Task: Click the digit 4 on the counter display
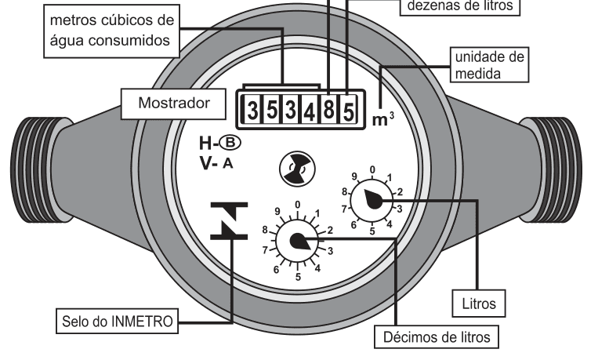coord(310,112)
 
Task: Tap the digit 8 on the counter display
coord(328,110)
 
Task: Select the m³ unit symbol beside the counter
coord(382,119)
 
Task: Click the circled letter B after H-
coord(230,143)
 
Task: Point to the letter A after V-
coord(228,164)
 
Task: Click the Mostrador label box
coord(174,104)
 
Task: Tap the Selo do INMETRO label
coord(118,322)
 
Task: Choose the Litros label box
coord(479,304)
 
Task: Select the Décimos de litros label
coord(437,337)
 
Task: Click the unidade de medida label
coord(490,65)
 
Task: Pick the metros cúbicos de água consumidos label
coord(112,31)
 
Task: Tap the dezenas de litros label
coord(460,6)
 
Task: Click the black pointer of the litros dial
coord(373,199)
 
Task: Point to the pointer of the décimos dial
coord(300,241)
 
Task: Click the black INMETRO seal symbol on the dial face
coord(229,220)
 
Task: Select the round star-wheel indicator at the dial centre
coord(298,169)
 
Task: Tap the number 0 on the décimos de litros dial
coord(298,205)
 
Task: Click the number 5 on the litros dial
coord(372,231)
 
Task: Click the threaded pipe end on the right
coord(552,169)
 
